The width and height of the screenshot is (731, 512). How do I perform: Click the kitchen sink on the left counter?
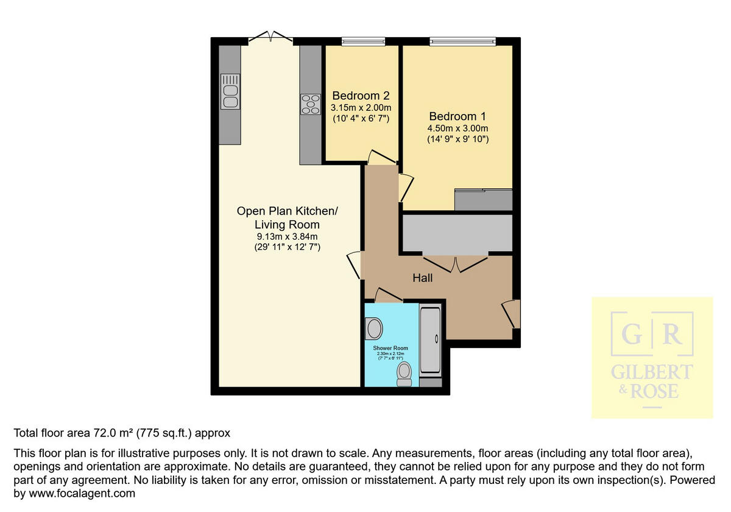point(230,91)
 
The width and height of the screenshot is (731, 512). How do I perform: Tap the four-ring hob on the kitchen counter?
point(311,104)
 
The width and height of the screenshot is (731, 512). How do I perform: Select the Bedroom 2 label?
point(361,96)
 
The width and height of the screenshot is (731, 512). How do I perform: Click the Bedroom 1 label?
point(457,116)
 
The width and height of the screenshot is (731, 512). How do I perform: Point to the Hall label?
point(422,278)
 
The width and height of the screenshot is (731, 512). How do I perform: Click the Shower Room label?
point(390,348)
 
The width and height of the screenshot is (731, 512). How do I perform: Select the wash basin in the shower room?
point(373,330)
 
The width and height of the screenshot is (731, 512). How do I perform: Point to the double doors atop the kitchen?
point(271,37)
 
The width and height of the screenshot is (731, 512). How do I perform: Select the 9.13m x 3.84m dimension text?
point(287,236)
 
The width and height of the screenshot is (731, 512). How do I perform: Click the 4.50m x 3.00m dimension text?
point(457,129)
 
